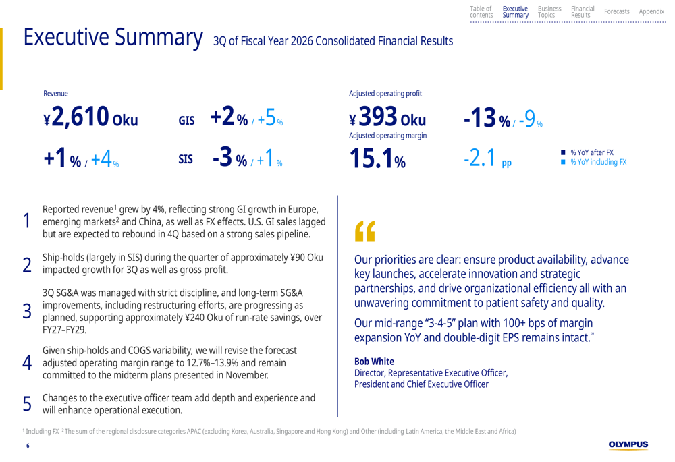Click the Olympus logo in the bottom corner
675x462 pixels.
pyautogui.click(x=628, y=445)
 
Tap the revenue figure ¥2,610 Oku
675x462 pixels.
pyautogui.click(x=90, y=119)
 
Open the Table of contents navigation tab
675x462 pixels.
pyautogui.click(x=481, y=11)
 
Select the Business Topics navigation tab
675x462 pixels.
pyautogui.click(x=549, y=11)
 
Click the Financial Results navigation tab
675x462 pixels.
pyautogui.click(x=583, y=11)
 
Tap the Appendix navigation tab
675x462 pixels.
pyautogui.click(x=651, y=11)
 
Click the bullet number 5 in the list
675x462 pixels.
pyautogui.click(x=27, y=403)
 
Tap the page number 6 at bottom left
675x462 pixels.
pyautogui.click(x=28, y=446)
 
